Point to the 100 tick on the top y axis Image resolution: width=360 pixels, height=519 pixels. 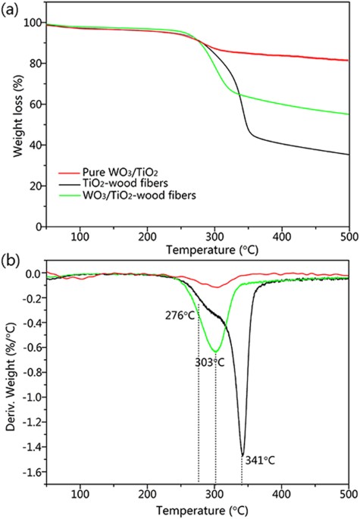pos(29,23)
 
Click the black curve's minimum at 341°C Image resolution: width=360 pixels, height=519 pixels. pos(243,455)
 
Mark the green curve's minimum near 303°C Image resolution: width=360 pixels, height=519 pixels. pos(216,352)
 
